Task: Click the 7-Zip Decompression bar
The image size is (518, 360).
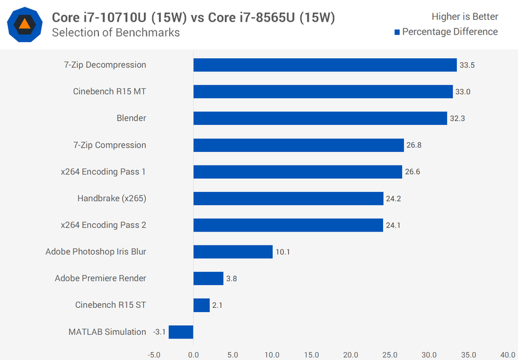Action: coord(325,65)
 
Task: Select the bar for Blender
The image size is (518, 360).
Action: coord(320,118)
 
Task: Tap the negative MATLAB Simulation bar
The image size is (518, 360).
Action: coord(181,332)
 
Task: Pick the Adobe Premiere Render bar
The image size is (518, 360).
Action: coord(208,278)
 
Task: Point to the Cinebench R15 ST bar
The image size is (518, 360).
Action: coord(201,305)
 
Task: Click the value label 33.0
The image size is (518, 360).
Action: coord(463,92)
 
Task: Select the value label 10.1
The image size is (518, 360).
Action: coord(282,252)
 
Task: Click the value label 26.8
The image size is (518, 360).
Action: coord(414,145)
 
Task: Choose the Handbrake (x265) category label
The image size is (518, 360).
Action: coord(112,198)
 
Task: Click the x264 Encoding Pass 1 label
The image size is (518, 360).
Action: coord(103,172)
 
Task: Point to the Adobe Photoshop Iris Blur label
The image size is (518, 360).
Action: coord(96,251)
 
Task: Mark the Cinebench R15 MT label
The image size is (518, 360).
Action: coord(109,91)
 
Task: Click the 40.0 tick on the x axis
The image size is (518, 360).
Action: coord(507,354)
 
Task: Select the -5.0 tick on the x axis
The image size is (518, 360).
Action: coord(153,354)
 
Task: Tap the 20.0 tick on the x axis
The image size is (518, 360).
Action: coord(350,354)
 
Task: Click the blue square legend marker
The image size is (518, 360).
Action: coord(397,32)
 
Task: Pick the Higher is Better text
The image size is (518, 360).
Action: coord(465,17)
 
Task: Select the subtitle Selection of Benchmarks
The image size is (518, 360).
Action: coord(116,32)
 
